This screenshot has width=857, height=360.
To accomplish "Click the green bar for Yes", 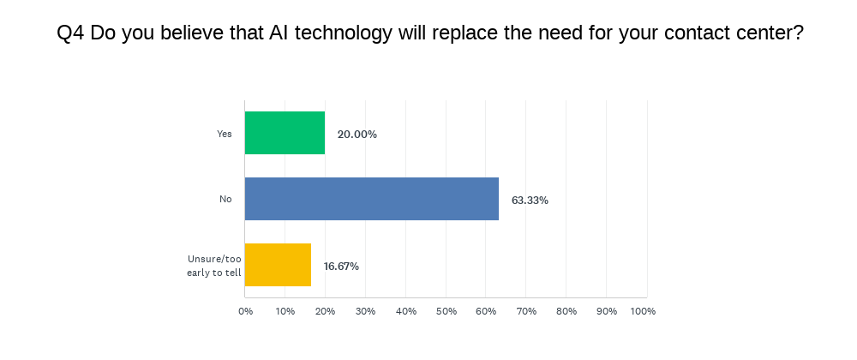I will pyautogui.click(x=285, y=134).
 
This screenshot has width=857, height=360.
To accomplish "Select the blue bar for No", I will pyautogui.click(x=372, y=200).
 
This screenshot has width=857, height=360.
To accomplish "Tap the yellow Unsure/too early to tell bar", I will pyautogui.click(x=278, y=266).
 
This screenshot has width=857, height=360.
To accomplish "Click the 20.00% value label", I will pyautogui.click(x=357, y=135).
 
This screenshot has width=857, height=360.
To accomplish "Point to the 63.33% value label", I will pyautogui.click(x=530, y=201).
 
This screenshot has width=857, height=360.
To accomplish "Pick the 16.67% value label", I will pyautogui.click(x=341, y=267).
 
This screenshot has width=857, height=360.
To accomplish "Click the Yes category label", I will pyautogui.click(x=225, y=134).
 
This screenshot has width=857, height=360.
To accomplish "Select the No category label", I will pyautogui.click(x=225, y=200).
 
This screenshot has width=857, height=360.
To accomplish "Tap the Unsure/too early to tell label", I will pyautogui.click(x=214, y=266).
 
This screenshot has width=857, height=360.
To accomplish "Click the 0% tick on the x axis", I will pyautogui.click(x=245, y=311).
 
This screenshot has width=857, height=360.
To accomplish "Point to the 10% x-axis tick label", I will pyautogui.click(x=285, y=311).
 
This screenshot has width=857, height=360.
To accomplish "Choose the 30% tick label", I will pyautogui.click(x=366, y=311).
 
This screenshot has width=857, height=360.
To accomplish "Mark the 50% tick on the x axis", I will pyautogui.click(x=446, y=311).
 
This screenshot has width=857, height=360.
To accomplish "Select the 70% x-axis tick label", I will pyautogui.click(x=526, y=311).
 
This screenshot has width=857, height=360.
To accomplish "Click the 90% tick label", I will pyautogui.click(x=607, y=311).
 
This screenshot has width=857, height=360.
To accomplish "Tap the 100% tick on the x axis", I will pyautogui.click(x=643, y=311).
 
